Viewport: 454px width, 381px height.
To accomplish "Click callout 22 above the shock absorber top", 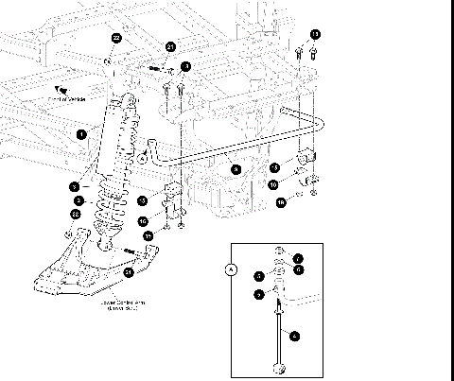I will coord(116,38).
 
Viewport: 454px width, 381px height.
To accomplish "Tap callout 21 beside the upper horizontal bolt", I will coord(171,47).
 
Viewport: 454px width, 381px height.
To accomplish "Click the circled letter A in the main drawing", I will coord(143,159).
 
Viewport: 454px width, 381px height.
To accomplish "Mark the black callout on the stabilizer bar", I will coord(237,168).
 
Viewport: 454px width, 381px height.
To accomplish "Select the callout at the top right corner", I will coord(315,35).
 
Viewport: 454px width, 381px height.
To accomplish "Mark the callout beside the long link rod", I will coord(294,334).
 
